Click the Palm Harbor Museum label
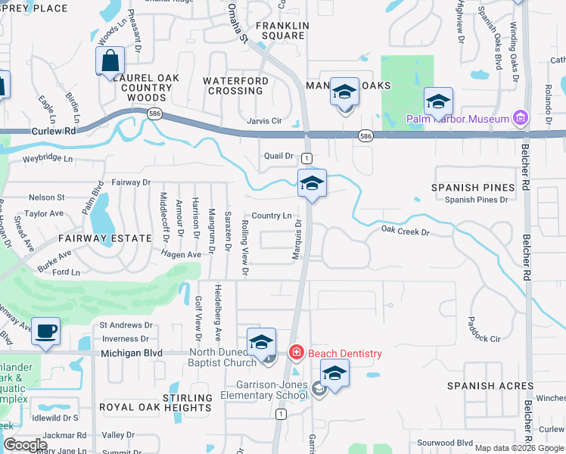point(457,119)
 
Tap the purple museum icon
point(519,117)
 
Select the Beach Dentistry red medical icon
point(296,353)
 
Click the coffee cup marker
point(46,331)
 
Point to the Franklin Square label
point(281,30)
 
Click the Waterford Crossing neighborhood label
point(235,86)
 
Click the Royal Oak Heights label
point(156,407)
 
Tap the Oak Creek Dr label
point(405,229)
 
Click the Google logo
point(25,445)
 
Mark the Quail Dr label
point(278,156)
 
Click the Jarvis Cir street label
point(264,120)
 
